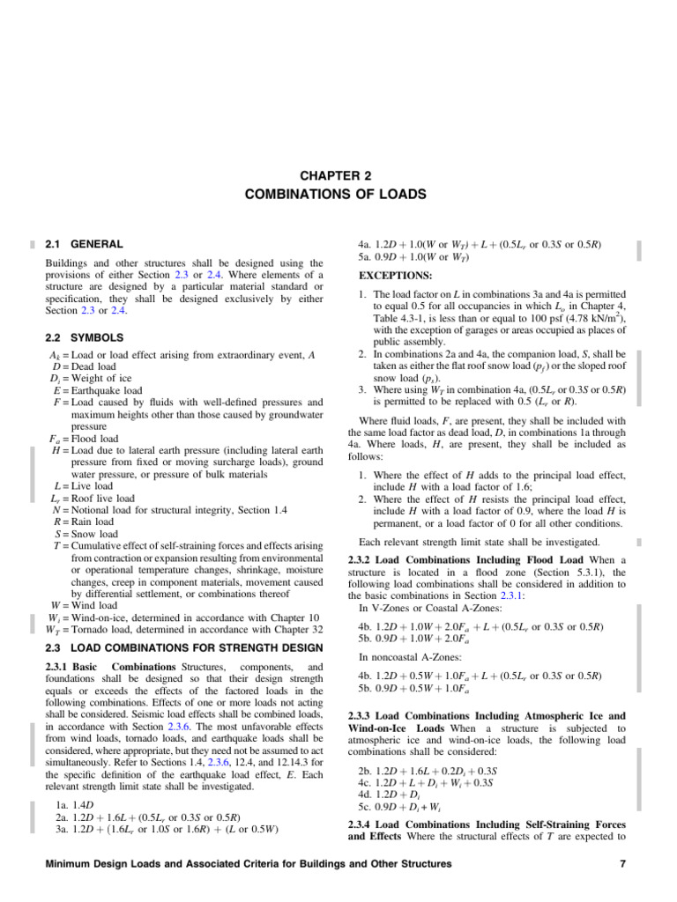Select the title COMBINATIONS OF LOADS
click(x=338, y=193)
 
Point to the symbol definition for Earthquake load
click(x=98, y=390)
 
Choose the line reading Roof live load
click(x=93, y=498)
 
